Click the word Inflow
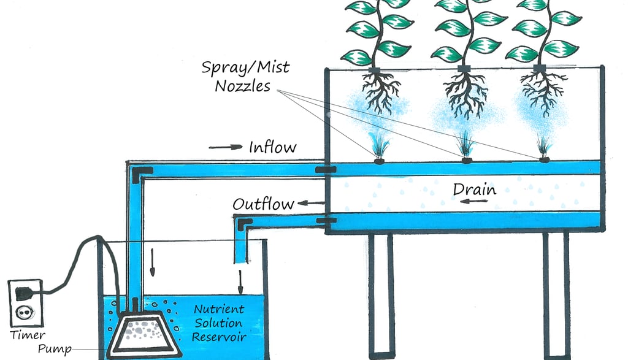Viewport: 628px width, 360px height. pos(272,147)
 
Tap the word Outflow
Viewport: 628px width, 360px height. pos(263,204)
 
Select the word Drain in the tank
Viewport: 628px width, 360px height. pos(474,189)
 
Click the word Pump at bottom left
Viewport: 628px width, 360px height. pos(54,350)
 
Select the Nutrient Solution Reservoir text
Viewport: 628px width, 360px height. pos(220,323)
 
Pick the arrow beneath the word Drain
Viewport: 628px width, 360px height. pos(473,203)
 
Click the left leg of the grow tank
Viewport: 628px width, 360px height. pos(380,294)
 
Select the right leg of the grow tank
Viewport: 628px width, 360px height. pos(556,294)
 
